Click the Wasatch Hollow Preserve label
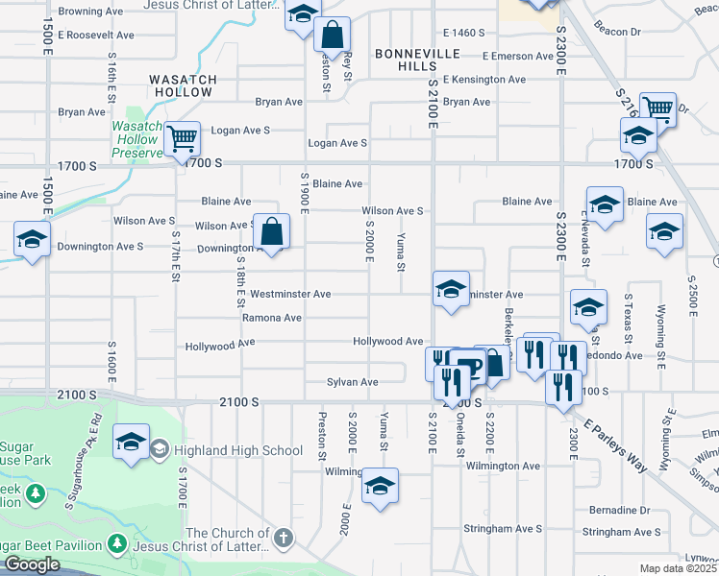[x=137, y=139]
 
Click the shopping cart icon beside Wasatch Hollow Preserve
[x=182, y=138]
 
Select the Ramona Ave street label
[x=272, y=318]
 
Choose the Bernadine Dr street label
[x=619, y=510]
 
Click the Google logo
[x=32, y=564]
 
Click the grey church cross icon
[x=283, y=538]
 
